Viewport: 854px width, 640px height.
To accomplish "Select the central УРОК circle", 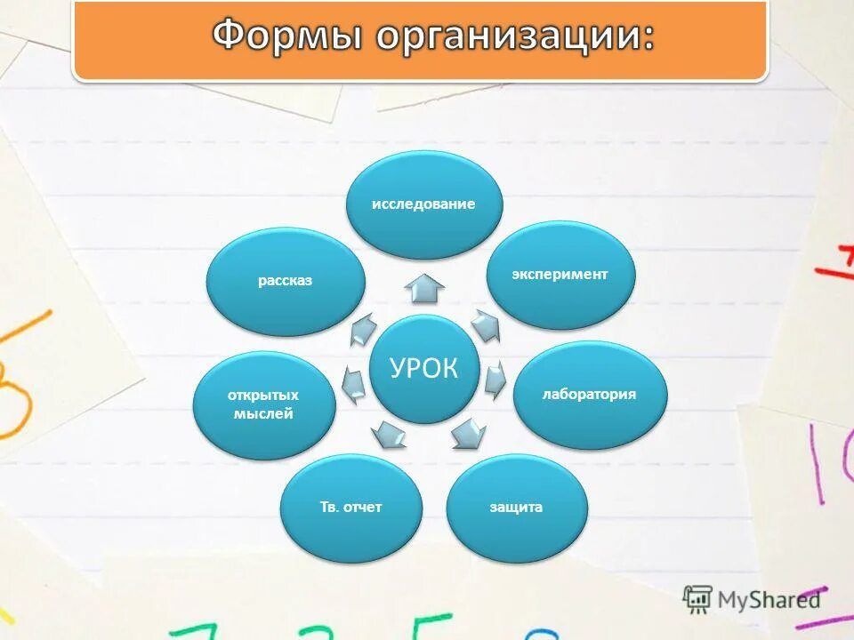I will tap(424, 369).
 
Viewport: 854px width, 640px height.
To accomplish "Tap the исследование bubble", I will tap(423, 204).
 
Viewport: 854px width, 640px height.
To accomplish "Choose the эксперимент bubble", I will tap(560, 275).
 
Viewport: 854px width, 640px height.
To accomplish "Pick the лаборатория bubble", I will tap(590, 394).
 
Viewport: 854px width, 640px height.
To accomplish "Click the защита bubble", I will tap(516, 508).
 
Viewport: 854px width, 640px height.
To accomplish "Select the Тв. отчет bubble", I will tap(350, 508).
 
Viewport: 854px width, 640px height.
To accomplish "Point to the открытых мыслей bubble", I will tap(264, 404).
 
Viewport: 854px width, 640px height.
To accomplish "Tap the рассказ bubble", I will tap(286, 282).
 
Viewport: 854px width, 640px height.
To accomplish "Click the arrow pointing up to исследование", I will tap(424, 288).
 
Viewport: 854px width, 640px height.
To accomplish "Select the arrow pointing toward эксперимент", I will tap(486, 325).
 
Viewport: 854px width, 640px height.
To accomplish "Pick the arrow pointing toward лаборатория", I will tap(495, 380).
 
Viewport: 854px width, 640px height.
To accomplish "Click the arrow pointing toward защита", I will tap(469, 434).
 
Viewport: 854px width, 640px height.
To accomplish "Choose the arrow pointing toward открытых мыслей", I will tap(353, 382).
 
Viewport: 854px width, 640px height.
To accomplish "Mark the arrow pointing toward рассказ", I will tap(363, 328).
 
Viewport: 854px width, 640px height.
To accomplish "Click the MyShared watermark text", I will tap(770, 599).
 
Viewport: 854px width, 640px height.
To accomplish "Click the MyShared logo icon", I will tap(697, 599).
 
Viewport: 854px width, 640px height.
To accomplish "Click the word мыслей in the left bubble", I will tap(264, 413).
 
